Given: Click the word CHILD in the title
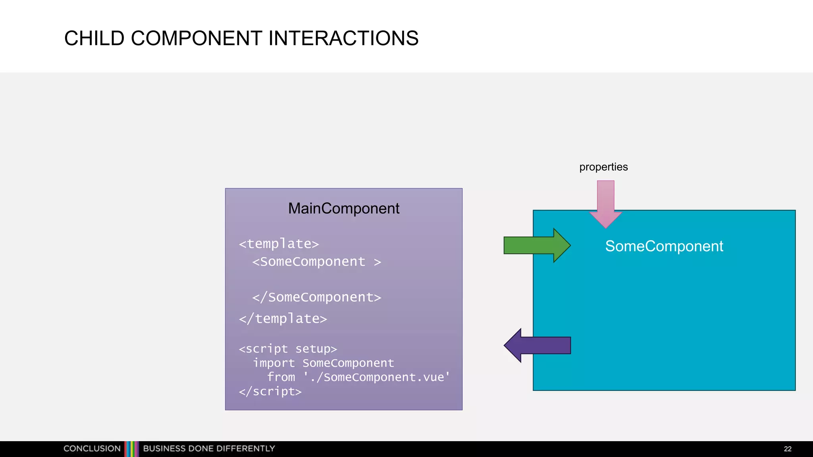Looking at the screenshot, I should click(x=94, y=38).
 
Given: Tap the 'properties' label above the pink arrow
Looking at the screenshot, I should click(x=603, y=167).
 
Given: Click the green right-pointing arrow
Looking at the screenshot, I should click(x=536, y=245).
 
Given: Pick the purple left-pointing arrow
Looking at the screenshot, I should click(x=538, y=345).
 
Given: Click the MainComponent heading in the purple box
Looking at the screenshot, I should click(x=343, y=208).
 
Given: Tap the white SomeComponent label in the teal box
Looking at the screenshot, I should click(x=664, y=246).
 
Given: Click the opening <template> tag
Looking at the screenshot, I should click(x=279, y=244).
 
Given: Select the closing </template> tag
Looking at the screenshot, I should click(x=283, y=319).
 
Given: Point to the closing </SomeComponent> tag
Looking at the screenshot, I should click(x=316, y=297).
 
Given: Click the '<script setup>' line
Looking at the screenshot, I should click(x=287, y=349).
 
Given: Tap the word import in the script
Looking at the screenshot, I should click(x=274, y=363).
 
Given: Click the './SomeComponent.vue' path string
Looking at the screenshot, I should click(x=377, y=377).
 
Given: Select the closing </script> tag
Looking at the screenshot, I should click(x=270, y=392).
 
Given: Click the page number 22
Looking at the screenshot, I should click(x=788, y=449).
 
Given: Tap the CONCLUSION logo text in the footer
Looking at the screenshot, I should click(x=92, y=449).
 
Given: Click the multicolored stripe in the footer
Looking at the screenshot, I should click(x=132, y=449).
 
